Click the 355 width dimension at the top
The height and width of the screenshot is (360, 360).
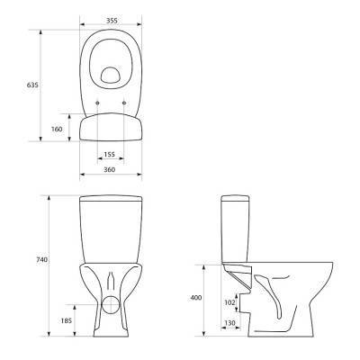click(x=111, y=21)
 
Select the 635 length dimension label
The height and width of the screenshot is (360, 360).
click(x=32, y=85)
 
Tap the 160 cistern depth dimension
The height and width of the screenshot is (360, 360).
click(x=57, y=129)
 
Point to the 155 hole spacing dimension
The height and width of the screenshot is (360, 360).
click(x=110, y=154)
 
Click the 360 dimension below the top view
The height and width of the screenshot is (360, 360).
click(x=110, y=169)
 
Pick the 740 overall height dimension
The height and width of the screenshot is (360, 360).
click(x=41, y=260)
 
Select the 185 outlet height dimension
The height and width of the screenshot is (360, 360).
click(x=66, y=320)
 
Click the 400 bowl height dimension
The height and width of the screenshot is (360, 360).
click(x=196, y=298)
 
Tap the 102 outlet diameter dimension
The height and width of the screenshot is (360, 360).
click(x=229, y=302)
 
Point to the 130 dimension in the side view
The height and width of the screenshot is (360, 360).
click(x=229, y=323)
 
